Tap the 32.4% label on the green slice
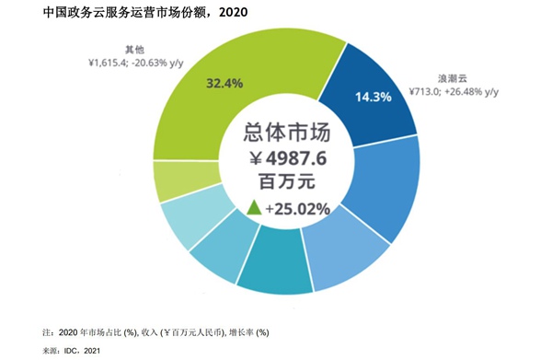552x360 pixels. click(x=224, y=83)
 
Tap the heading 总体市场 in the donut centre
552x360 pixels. click(x=286, y=133)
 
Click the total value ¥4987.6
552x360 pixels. click(x=287, y=157)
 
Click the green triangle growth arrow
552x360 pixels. click(x=252, y=208)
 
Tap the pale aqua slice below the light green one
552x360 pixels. click(x=189, y=220)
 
